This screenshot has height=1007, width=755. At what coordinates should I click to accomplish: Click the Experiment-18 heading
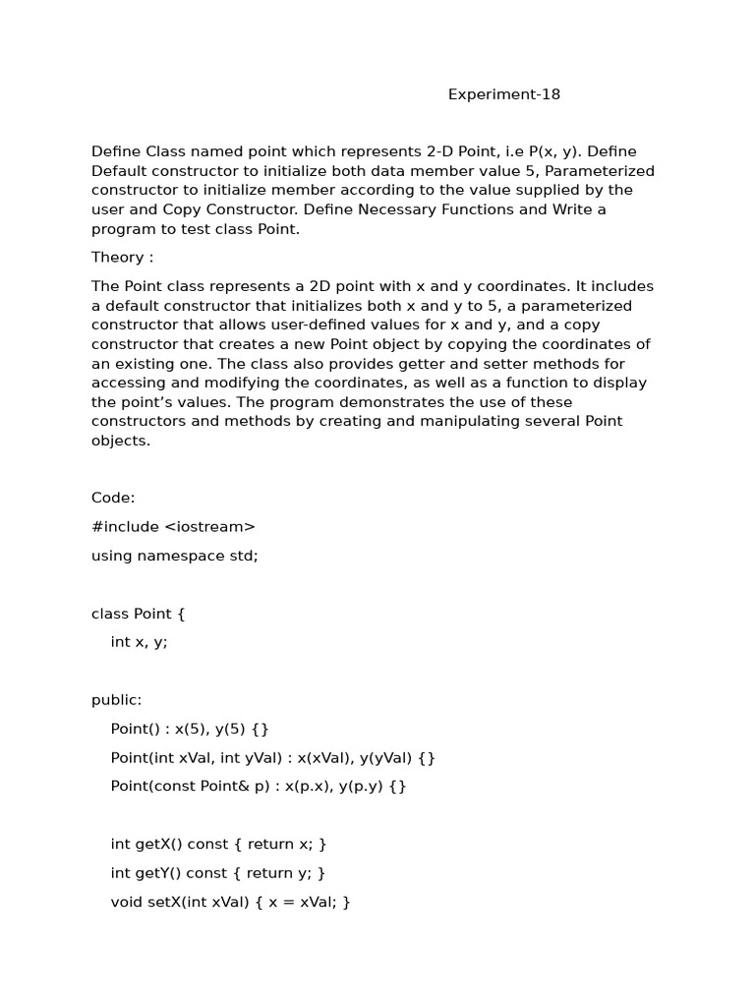click(x=504, y=94)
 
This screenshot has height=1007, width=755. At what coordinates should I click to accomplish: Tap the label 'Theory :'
click(x=122, y=258)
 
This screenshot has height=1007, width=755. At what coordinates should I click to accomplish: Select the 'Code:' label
click(x=113, y=498)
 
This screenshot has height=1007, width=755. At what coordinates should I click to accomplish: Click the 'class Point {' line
click(x=138, y=614)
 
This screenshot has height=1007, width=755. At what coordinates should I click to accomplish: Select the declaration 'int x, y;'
click(x=140, y=642)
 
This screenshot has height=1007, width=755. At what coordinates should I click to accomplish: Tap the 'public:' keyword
click(x=116, y=700)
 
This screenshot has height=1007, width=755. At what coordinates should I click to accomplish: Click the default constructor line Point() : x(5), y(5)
click(x=190, y=729)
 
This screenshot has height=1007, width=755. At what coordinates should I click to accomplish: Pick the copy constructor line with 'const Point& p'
click(x=259, y=787)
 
